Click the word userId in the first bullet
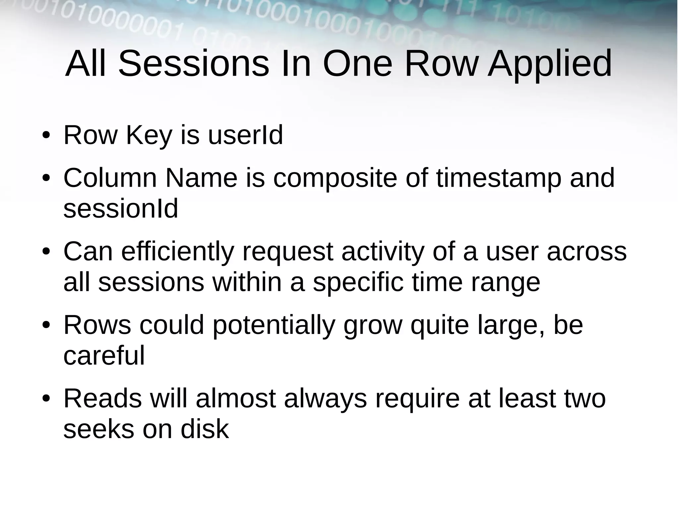[245, 135]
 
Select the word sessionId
[121, 208]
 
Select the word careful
[104, 355]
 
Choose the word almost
[236, 398]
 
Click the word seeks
[98, 429]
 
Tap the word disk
[205, 429]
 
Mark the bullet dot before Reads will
[46, 398]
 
